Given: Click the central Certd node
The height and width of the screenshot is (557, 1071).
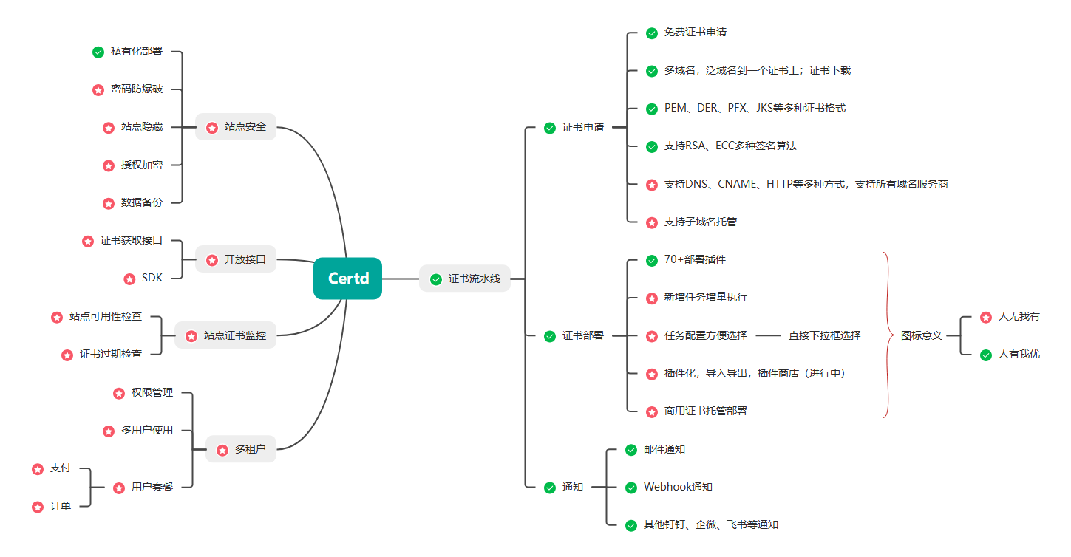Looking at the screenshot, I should pos(347,278).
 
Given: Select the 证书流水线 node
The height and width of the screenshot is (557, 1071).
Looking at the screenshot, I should pos(465,278).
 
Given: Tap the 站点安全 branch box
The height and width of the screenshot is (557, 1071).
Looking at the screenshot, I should pos(236,127).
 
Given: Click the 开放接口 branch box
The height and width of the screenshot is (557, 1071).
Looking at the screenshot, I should pos(236,259).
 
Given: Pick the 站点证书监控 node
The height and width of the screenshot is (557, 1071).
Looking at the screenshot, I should pos(225,335).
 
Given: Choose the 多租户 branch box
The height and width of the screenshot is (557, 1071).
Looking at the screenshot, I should pos(241,449).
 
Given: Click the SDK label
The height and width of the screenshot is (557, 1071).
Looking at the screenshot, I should pos(152,278).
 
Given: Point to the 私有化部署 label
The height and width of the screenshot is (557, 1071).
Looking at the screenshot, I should pos(137,52).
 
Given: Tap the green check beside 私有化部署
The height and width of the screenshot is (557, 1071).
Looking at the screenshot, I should pos(98,52).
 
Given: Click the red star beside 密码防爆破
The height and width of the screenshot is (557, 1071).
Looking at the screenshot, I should pos(98,89).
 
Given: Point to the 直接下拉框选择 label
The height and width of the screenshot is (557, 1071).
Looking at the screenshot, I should pos(825,335).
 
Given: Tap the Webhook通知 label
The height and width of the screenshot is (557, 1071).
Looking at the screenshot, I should pos(678,487).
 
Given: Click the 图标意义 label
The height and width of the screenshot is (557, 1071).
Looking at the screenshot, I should pos(922,335).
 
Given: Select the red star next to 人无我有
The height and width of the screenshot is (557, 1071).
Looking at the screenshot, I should pos(985,317).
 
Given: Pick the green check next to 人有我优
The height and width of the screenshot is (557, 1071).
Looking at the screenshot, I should pos(985,355).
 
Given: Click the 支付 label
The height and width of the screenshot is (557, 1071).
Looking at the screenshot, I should pos(61,468).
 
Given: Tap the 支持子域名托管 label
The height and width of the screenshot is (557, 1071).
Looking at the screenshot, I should pos(700,222).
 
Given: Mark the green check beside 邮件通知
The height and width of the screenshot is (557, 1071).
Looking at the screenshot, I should pos(631,449).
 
